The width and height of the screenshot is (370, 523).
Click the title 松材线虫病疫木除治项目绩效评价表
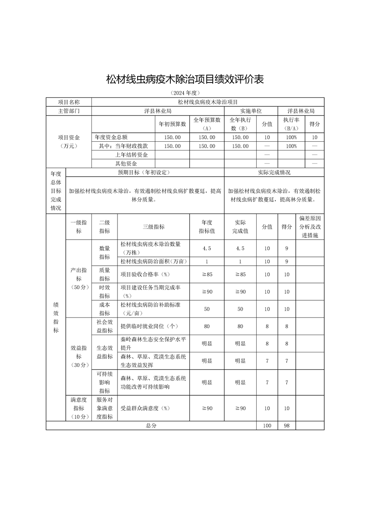pos(185,80)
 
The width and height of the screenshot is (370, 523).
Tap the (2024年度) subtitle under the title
pos(185,93)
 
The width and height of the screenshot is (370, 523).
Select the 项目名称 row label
pos(69,102)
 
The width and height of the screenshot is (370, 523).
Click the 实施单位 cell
pos(251,111)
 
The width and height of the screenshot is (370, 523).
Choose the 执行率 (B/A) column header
pos(291,124)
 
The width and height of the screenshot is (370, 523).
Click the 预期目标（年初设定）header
pos(145,172)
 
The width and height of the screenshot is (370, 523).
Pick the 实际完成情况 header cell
pos(274,172)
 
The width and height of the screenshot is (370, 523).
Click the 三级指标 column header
pos(153,227)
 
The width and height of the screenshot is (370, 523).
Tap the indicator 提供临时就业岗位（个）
pos(149,326)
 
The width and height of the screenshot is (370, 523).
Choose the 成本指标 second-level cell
pos(105,309)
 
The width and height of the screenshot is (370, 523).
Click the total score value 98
pos(286,426)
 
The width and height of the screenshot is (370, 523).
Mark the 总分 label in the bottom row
pos(151,426)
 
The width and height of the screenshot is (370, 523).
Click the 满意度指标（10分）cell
pos(79,408)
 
